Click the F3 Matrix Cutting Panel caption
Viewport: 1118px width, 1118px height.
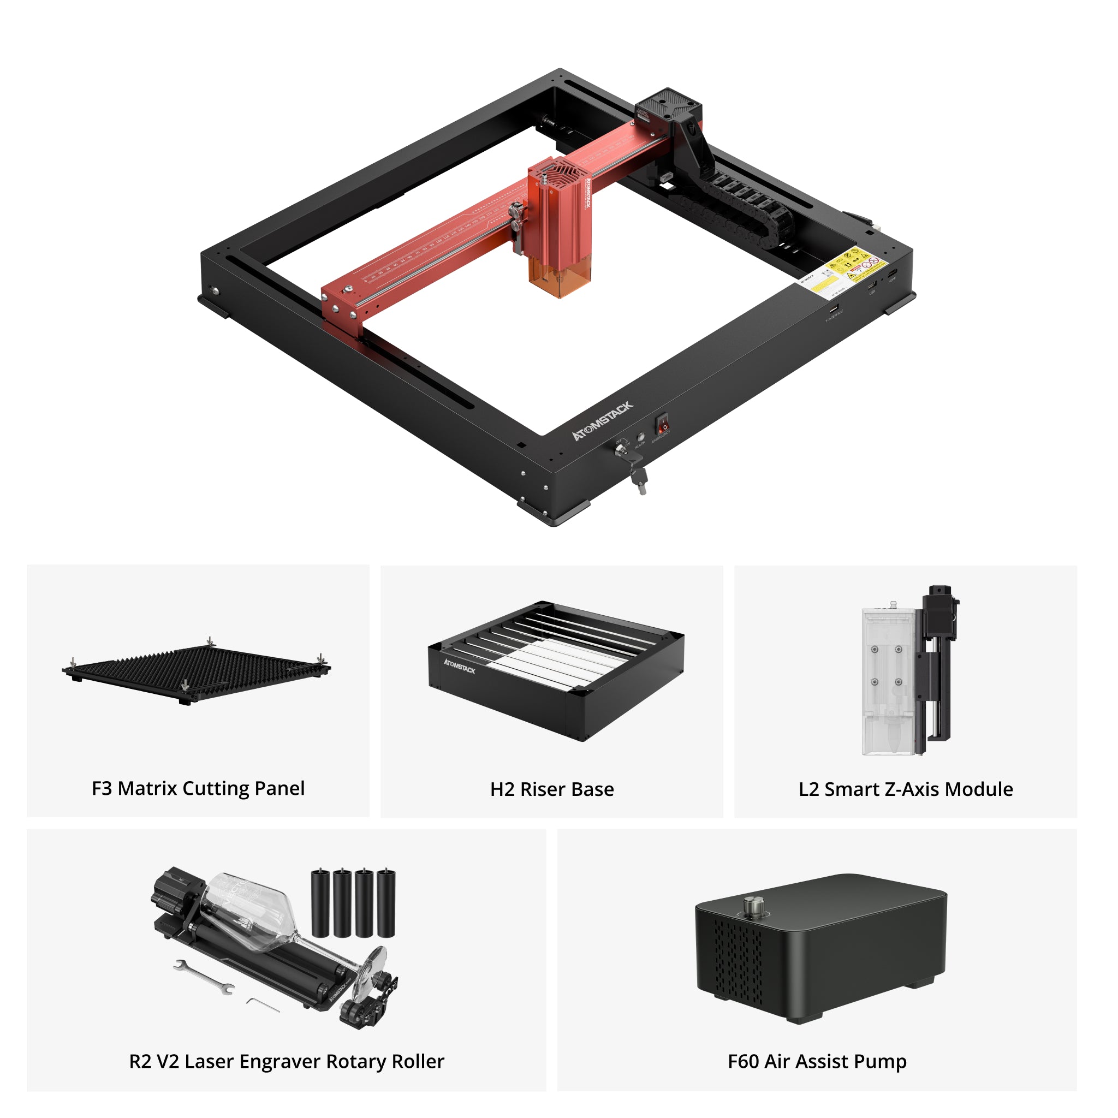pos(198,788)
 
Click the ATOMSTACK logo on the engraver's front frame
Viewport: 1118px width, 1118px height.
pos(603,421)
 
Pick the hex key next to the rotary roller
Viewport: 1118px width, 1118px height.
pos(263,1006)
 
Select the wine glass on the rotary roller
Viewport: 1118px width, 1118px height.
pos(272,920)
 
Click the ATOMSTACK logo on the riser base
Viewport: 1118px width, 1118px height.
pos(459,666)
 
